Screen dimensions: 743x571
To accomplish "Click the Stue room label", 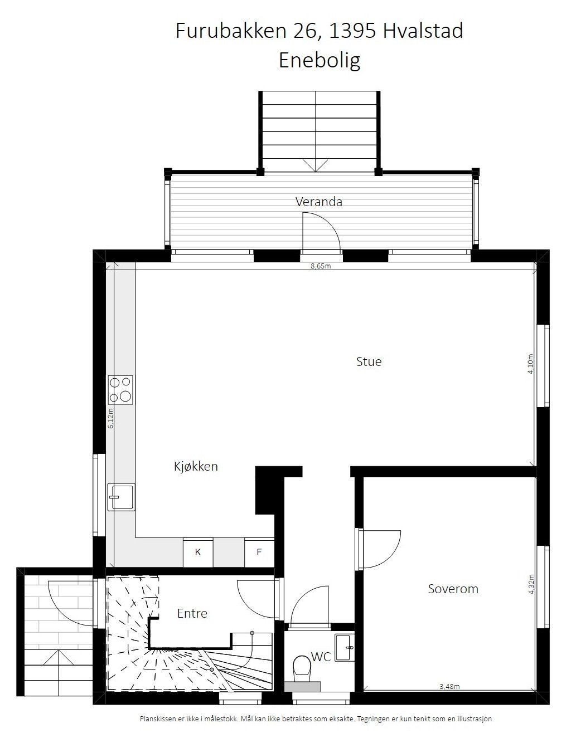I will pyautogui.click(x=369, y=361).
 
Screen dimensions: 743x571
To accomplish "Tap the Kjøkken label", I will pyautogui.click(x=196, y=467).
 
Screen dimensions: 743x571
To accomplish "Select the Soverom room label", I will pyautogui.click(x=453, y=589).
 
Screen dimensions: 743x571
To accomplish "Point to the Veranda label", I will pyautogui.click(x=319, y=202).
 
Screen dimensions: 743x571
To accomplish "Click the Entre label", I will pyautogui.click(x=192, y=613).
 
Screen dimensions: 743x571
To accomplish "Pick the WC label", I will pyautogui.click(x=321, y=657).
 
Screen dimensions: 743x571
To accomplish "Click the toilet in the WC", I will pyautogui.click(x=302, y=668).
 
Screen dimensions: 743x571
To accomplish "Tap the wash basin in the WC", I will pyautogui.click(x=344, y=647).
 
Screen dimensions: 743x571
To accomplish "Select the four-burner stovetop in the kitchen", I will pyautogui.click(x=120, y=389).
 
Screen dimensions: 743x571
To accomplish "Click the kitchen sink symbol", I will pyautogui.click(x=120, y=497).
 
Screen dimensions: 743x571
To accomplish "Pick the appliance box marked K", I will pyautogui.click(x=198, y=552).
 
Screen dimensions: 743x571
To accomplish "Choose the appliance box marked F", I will pyautogui.click(x=259, y=552).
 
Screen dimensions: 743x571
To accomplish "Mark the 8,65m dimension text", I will pyautogui.click(x=321, y=266).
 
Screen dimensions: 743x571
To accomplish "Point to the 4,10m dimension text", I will pyautogui.click(x=531, y=364).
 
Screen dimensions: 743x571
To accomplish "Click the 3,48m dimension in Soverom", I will pyautogui.click(x=449, y=686).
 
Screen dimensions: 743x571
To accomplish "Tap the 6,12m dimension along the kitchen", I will pyautogui.click(x=110, y=418).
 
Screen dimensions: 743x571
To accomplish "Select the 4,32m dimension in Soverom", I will pyautogui.click(x=531, y=584).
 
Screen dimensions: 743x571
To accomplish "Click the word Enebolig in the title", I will pyautogui.click(x=320, y=60).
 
